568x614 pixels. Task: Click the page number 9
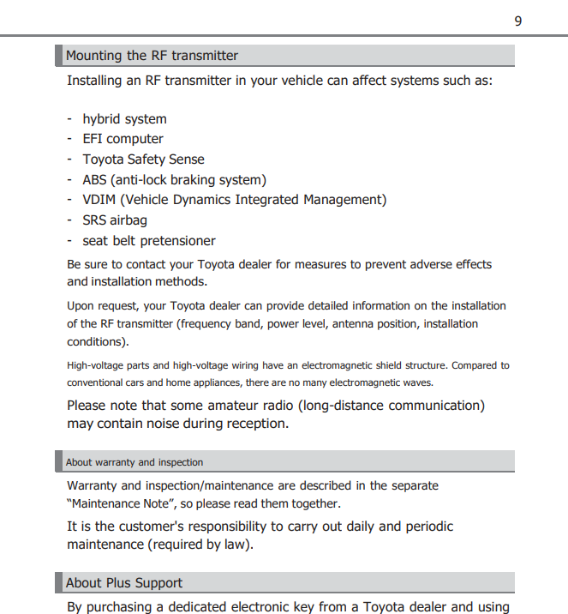pos(517,21)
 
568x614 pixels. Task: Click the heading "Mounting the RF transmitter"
pos(152,56)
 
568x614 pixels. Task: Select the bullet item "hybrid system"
pos(124,119)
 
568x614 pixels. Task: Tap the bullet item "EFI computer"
pos(123,139)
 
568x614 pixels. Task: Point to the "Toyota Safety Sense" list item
pos(143,160)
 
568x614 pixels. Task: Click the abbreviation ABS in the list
pos(95,180)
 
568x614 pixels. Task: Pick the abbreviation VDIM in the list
pos(99,200)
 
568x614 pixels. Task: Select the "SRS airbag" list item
pos(115,220)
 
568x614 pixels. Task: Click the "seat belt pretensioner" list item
pos(148,241)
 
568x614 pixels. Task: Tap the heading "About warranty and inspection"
pos(135,462)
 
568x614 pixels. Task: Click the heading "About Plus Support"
pos(124,583)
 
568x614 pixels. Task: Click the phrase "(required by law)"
pos(201,545)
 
